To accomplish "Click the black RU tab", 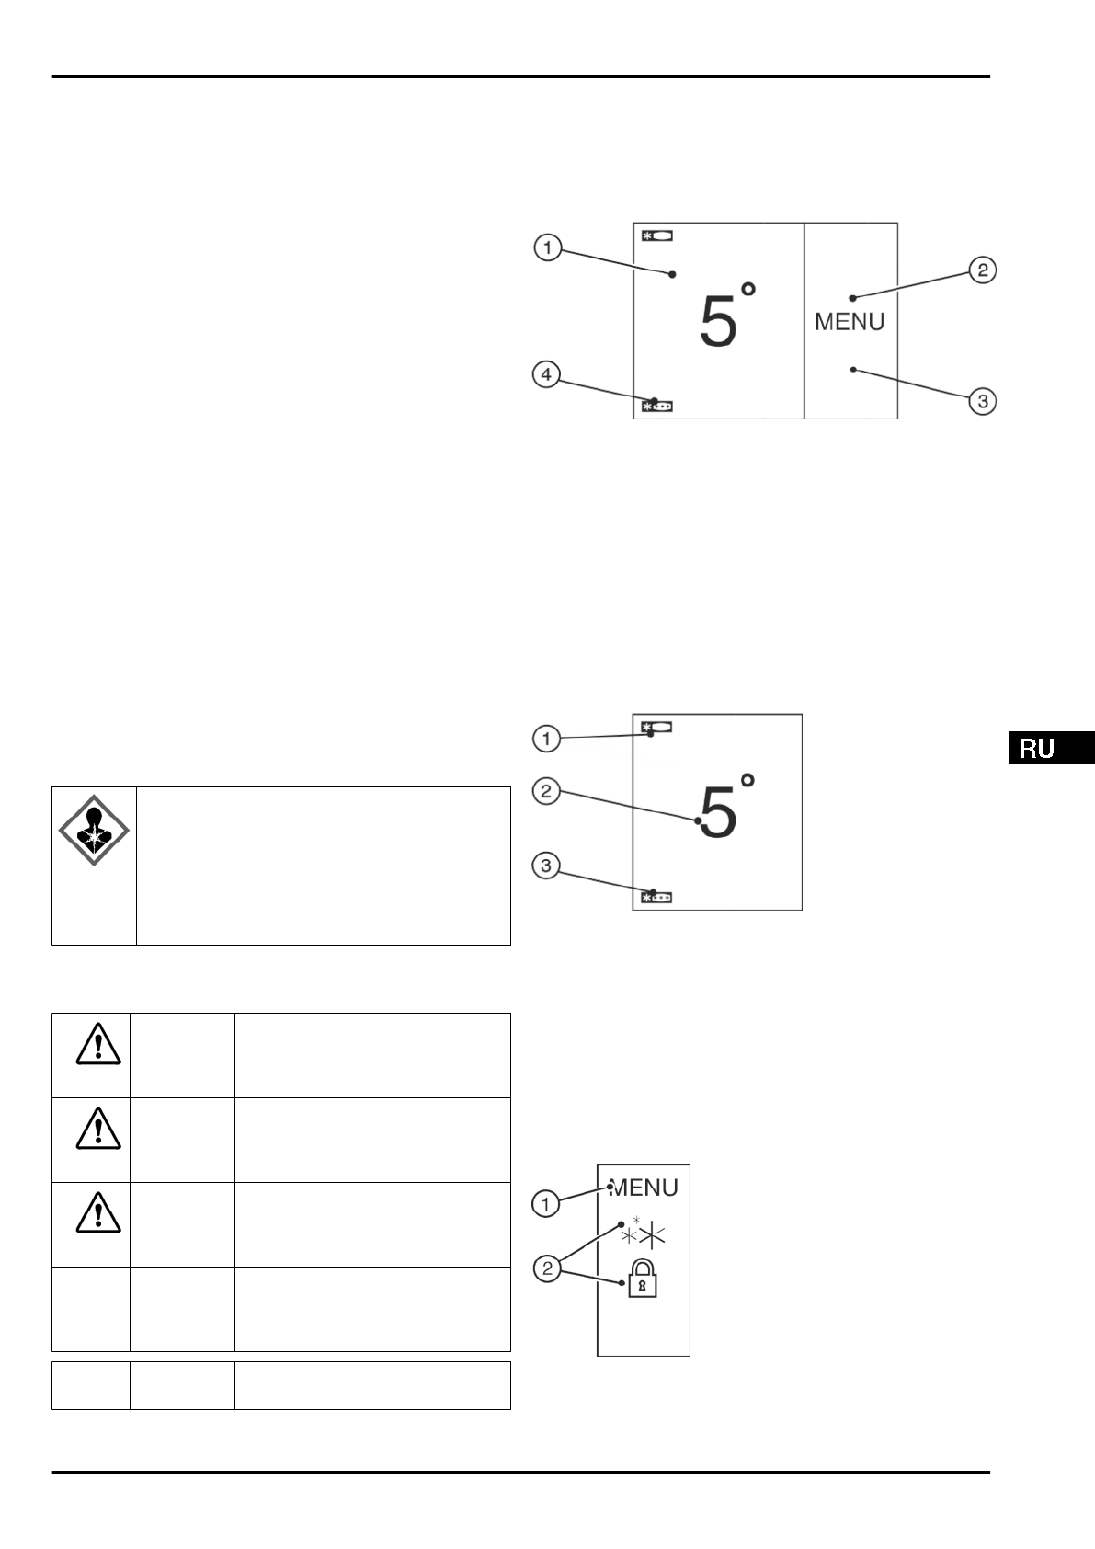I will point(1050,748).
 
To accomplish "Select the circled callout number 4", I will point(547,374).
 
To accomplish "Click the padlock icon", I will point(644,1279).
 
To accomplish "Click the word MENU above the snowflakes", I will point(644,1188).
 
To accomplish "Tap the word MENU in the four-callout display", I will point(850,322).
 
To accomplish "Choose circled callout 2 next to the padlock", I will point(547,1269).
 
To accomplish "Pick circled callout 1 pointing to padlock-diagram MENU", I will point(546,1203).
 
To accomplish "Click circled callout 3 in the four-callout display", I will point(984,401).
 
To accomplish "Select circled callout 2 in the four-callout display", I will point(983,270).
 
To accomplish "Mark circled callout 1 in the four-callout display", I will point(548,248).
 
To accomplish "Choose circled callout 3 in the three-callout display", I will point(547,865).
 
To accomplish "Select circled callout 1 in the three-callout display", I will point(547,738).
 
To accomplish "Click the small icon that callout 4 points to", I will point(656,405).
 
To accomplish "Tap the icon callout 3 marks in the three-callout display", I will point(656,896).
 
